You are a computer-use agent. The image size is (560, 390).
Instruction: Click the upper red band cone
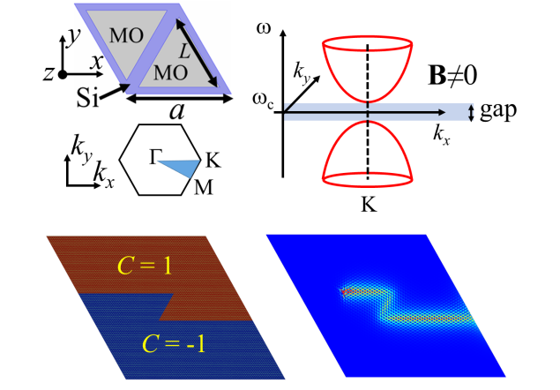[x=368, y=66]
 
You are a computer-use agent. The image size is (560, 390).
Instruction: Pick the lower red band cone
[x=368, y=154]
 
